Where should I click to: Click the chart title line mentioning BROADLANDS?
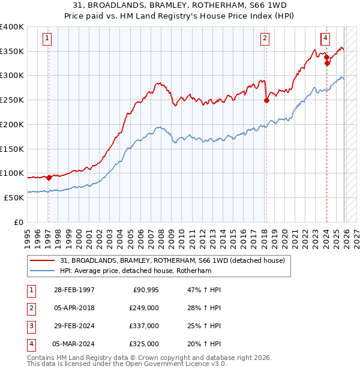[x=180, y=5]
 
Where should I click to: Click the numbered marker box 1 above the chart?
[x=47, y=39]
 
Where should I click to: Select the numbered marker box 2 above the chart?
[x=265, y=39]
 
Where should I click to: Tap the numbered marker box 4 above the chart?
[x=325, y=39]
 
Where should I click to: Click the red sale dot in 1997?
[x=49, y=178]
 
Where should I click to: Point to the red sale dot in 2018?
[x=266, y=101]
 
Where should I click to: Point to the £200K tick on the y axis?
[x=12, y=124]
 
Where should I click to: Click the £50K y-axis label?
[x=14, y=197]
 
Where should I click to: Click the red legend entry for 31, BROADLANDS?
[x=167, y=260]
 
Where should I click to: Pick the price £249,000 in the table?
[x=144, y=308]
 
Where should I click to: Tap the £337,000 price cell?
[x=144, y=326]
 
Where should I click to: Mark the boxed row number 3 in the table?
[x=30, y=326]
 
